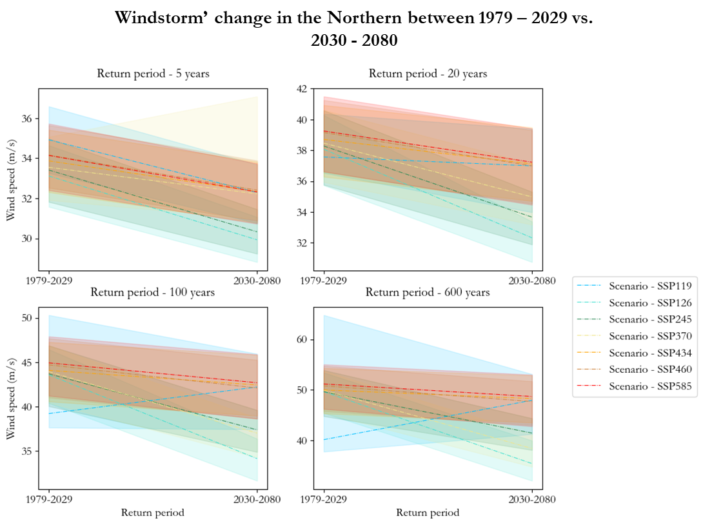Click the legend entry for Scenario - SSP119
pyautogui.click(x=650, y=286)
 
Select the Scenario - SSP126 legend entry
pyautogui.click(x=650, y=302)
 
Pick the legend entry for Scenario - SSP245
pyautogui.click(x=650, y=319)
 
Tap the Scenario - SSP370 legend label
pyautogui.click(x=650, y=336)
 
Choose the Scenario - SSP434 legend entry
pyautogui.click(x=650, y=353)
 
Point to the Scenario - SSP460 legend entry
pyautogui.click(x=650, y=370)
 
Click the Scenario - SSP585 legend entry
pyautogui.click(x=650, y=386)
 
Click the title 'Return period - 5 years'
pyautogui.click(x=153, y=74)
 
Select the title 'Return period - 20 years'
pyautogui.click(x=428, y=74)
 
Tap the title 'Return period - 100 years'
pyautogui.click(x=153, y=292)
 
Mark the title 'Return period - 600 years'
pyautogui.click(x=428, y=292)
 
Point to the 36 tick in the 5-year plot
pyautogui.click(x=28, y=119)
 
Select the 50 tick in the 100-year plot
pyautogui.click(x=28, y=318)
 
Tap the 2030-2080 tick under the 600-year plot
pyautogui.click(x=531, y=499)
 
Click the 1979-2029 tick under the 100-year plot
pyautogui.click(x=50, y=499)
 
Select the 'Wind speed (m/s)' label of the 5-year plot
pyautogui.click(x=11, y=179)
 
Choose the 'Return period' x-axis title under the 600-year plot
pyautogui.click(x=428, y=513)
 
